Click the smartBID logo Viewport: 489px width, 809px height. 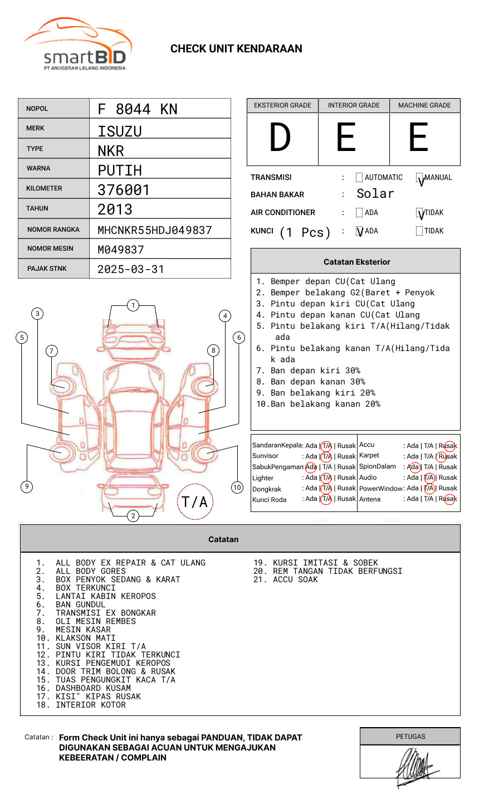pyautogui.click(x=78, y=45)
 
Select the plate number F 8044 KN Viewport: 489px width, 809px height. pyautogui.click(x=138, y=109)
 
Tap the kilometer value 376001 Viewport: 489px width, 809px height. pyautogui.click(x=124, y=190)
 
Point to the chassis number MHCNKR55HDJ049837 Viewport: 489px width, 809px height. pyautogui.click(x=154, y=230)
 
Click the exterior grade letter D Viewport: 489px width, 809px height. pyautogui.click(x=280, y=138)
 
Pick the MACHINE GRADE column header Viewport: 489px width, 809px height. pyautogui.click(x=424, y=105)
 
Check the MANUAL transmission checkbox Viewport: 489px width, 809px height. pyautogui.click(x=420, y=178)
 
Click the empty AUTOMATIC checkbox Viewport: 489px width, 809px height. pyautogui.click(x=359, y=178)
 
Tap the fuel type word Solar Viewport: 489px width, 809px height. pyautogui.click(x=375, y=194)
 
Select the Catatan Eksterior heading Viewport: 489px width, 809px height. pyautogui.click(x=356, y=262)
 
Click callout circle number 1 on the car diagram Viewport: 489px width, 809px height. pyautogui.click(x=133, y=305)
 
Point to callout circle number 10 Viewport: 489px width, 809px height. pyautogui.click(x=237, y=488)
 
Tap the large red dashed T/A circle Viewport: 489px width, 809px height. pyautogui.click(x=195, y=502)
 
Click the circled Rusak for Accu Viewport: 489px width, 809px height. pyautogui.click(x=447, y=446)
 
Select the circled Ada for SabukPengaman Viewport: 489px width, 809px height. pyautogui.click(x=311, y=467)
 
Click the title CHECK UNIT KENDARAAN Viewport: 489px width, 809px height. pyautogui.click(x=236, y=49)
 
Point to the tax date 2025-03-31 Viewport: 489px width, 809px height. pyautogui.click(x=131, y=270)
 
